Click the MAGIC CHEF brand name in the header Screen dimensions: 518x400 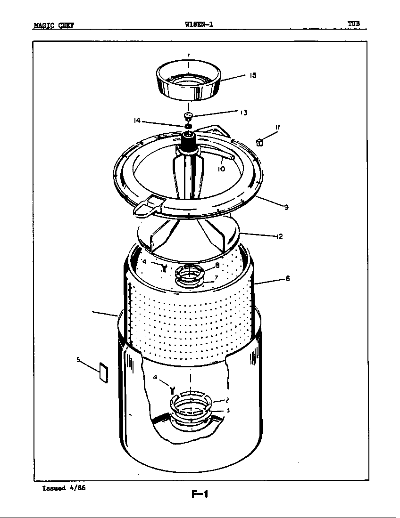[x=53, y=25]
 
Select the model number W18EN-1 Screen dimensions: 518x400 [x=199, y=24]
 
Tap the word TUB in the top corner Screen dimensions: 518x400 [x=354, y=23]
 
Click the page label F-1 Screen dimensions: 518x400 [x=200, y=494]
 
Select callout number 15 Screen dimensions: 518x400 [x=253, y=75]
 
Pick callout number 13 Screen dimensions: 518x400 [x=243, y=113]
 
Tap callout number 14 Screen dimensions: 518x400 [x=137, y=121]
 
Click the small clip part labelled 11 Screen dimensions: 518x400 [x=259, y=141]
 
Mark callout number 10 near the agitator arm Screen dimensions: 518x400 [x=221, y=169]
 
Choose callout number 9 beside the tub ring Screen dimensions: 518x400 [x=286, y=207]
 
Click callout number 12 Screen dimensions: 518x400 [x=279, y=236]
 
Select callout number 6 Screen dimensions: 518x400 [x=287, y=278]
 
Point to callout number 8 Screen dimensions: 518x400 [x=217, y=265]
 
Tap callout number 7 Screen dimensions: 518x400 [x=216, y=277]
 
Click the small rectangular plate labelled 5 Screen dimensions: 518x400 [x=103, y=373]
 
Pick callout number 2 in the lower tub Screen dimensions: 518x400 [x=227, y=400]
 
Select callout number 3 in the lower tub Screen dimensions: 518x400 [x=228, y=410]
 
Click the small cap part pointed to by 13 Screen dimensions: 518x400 [x=188, y=116]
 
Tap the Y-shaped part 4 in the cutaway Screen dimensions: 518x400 [x=173, y=389]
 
